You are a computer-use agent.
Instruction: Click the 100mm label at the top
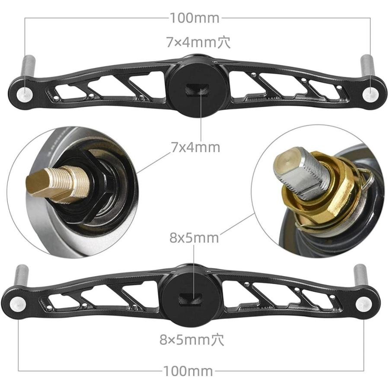194,18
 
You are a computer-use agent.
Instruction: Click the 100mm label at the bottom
188,371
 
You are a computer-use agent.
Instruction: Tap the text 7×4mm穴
198,42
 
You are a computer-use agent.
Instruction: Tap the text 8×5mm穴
191,340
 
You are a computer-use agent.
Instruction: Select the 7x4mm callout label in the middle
195,147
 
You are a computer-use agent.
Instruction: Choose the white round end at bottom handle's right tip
363,304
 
